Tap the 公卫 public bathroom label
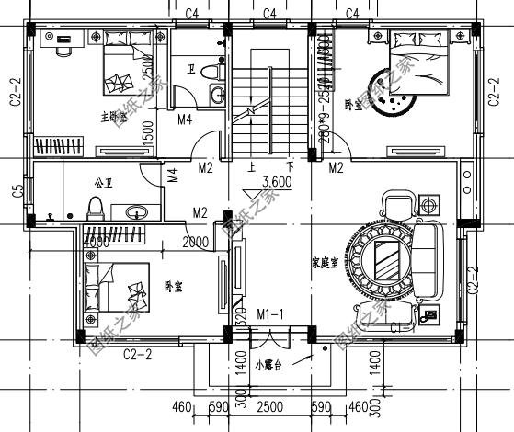103,183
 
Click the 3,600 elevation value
277,182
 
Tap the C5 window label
17,192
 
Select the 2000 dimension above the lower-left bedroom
196,242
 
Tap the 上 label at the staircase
252,167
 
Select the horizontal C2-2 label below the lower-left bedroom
138,353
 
